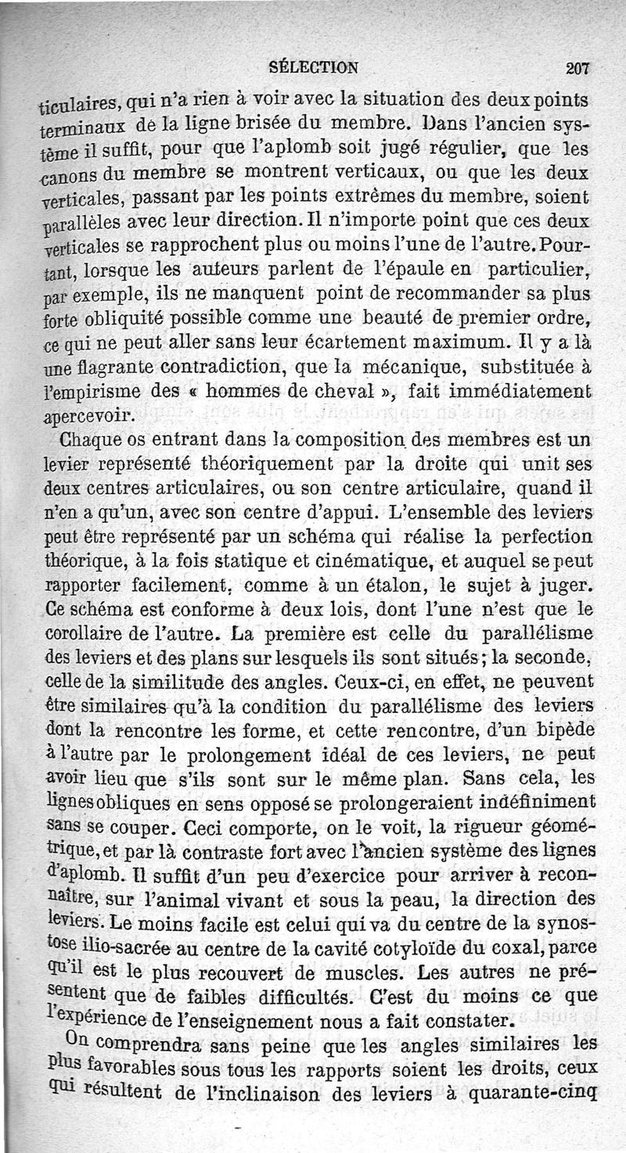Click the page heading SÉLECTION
tap(312, 67)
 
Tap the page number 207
tap(578, 69)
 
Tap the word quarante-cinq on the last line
tap(530, 1094)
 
